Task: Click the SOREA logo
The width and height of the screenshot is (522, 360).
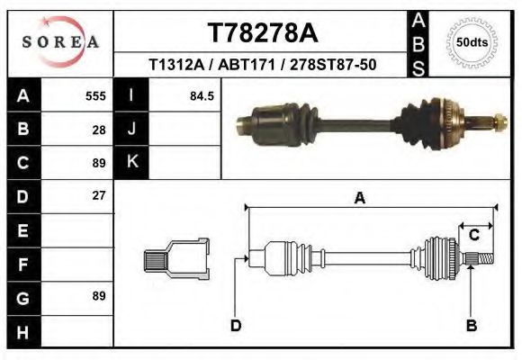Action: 59,41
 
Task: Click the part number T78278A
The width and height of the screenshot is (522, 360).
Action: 262,33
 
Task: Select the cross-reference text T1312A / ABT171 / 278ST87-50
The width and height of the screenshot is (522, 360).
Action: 262,65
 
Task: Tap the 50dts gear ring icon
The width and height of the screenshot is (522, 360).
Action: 472,42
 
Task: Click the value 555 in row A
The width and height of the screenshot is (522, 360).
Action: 95,95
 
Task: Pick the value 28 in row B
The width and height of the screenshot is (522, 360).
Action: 99,129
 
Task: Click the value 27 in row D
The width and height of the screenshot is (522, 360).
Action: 99,195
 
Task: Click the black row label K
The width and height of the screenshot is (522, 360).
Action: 131,162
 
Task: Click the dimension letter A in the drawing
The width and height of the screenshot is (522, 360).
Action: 359,199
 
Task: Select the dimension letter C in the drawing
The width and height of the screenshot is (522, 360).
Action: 473,235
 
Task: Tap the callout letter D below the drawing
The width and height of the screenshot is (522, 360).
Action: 236,325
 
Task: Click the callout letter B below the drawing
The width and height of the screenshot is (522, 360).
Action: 470,325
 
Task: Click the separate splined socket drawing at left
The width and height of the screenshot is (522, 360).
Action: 176,258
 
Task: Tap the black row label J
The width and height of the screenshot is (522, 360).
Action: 131,129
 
